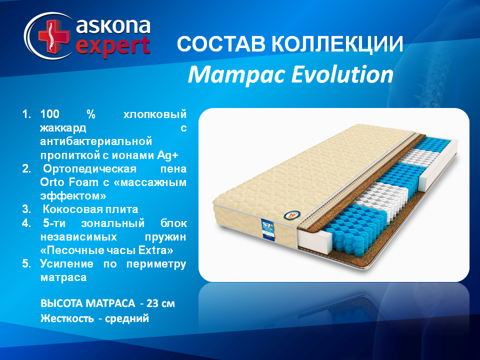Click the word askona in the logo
click(x=113, y=26)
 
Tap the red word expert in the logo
click(x=113, y=46)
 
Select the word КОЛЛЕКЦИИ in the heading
click(x=337, y=44)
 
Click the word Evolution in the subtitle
click(x=342, y=74)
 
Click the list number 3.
click(x=26, y=209)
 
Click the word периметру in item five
click(x=156, y=264)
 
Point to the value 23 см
click(x=160, y=303)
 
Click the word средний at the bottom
click(x=126, y=318)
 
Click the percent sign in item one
click(x=91, y=114)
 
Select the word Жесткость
click(x=67, y=318)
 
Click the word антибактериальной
click(x=96, y=141)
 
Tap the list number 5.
click(x=26, y=264)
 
